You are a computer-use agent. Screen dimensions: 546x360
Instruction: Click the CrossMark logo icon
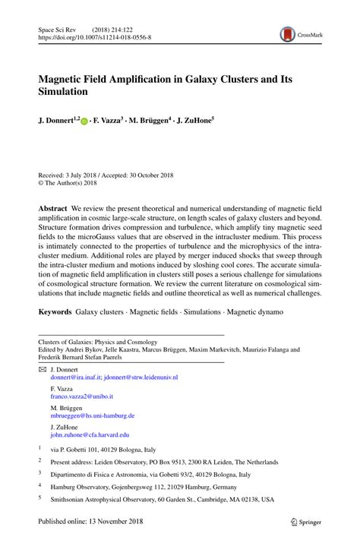287,34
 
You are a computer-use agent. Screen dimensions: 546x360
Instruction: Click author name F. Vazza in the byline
109,120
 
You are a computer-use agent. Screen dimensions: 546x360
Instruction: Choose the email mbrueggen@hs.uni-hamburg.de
93,415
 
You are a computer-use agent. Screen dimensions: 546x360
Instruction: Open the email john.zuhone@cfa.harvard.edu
90,435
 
